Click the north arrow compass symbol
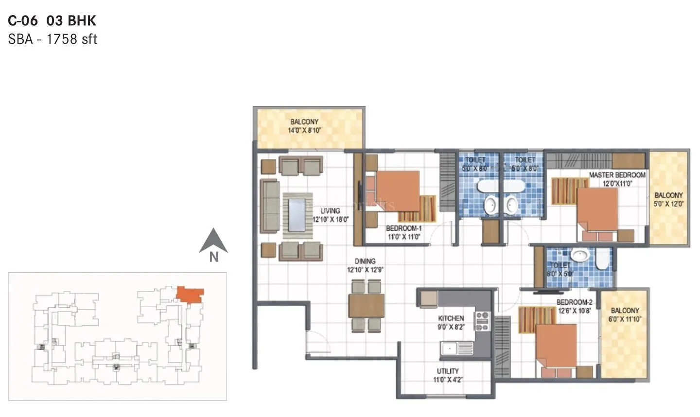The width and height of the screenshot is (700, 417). pos(213,242)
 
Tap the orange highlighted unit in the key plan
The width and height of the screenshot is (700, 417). pos(190,294)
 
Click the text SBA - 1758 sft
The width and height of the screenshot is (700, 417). pos(52,39)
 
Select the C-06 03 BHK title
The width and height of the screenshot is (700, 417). pos(52,20)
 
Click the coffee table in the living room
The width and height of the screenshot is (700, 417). pos(297,214)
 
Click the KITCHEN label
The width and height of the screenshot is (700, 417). pos(451,318)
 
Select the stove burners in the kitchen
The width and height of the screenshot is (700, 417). pos(482,322)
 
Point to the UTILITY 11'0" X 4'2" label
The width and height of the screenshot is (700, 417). pos(448,375)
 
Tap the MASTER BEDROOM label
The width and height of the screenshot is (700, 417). pos(617,175)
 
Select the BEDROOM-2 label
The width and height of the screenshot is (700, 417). pos(574,302)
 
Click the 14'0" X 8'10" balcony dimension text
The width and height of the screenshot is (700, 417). pos(304,130)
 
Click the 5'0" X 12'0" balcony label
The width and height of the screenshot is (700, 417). pos(668,204)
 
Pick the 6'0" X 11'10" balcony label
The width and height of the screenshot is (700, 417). pos(625,319)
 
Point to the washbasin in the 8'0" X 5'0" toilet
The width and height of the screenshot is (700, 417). pos(579,255)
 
